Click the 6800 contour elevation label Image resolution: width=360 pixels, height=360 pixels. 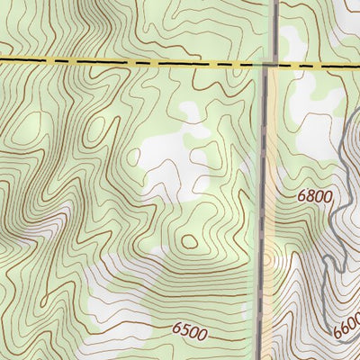(x=314, y=196)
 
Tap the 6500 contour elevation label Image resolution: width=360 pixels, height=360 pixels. (x=189, y=332)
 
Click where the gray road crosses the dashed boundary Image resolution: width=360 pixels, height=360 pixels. (x=273, y=64)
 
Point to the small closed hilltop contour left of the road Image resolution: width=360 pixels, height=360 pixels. (x=189, y=240)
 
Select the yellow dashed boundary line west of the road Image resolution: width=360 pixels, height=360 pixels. (x=135, y=63)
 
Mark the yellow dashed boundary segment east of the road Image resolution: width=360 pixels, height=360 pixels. (x=315, y=65)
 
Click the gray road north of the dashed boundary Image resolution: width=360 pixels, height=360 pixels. (x=274, y=27)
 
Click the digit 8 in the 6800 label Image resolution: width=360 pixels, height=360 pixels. (x=308, y=196)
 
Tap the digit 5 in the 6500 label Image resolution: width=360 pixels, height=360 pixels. (x=184, y=332)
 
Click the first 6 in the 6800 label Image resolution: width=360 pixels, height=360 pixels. (x=300, y=196)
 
